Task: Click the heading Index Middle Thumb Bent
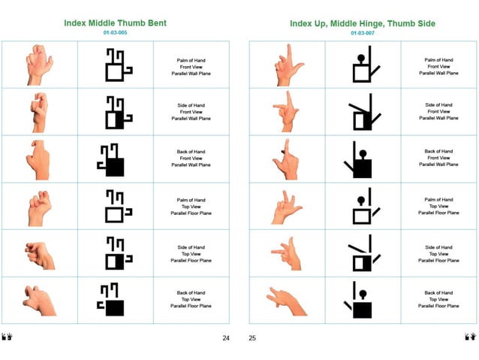click(115, 23)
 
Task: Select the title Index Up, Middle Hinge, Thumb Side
click(362, 23)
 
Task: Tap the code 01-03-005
click(115, 33)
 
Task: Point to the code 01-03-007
click(362, 33)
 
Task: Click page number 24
click(225, 338)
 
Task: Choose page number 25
click(252, 338)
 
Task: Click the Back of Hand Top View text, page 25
click(438, 300)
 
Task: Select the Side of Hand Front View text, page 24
click(191, 112)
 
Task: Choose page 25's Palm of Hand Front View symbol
click(363, 66)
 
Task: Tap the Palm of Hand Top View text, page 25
click(438, 206)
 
